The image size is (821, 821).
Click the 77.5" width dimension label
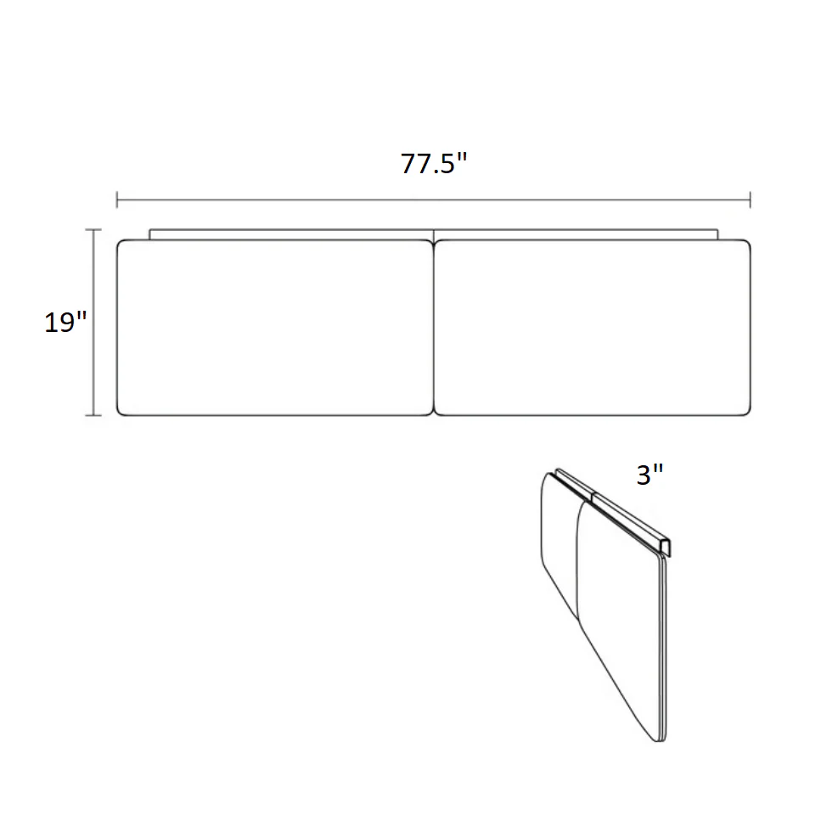[x=434, y=163]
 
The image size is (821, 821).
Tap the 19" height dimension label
[x=65, y=322]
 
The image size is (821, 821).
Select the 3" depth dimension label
[x=649, y=475]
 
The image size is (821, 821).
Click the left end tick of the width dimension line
[x=117, y=200]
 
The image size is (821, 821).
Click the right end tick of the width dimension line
[x=751, y=200]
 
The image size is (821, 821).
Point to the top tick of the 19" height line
[x=93, y=229]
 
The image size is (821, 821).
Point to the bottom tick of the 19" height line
[x=93, y=415]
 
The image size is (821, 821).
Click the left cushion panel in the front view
[x=275, y=328]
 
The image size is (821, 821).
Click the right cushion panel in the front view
[x=592, y=328]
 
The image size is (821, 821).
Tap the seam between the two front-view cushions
[x=434, y=328]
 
